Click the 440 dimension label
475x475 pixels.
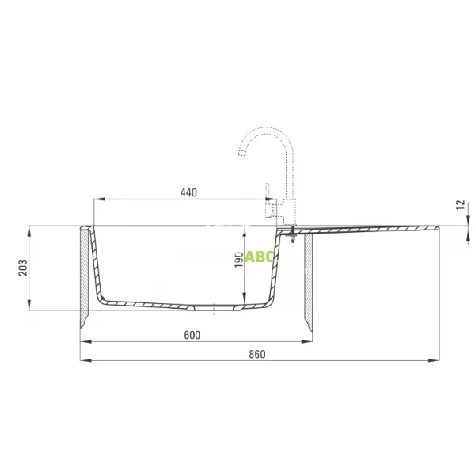click(188, 192)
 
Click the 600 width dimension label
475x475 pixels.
click(192, 334)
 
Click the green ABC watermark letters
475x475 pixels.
click(259, 256)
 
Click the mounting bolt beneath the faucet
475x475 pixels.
click(294, 235)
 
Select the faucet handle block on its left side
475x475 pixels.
click(271, 210)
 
